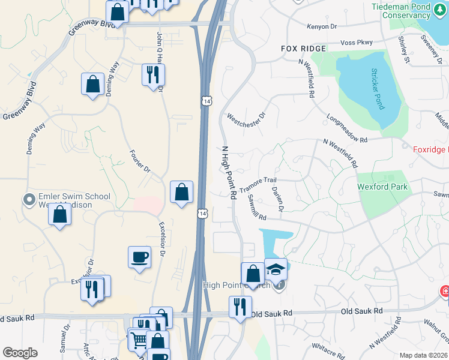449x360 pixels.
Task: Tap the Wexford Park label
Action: pyautogui.click(x=382, y=187)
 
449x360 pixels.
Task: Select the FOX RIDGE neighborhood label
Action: pyautogui.click(x=304, y=48)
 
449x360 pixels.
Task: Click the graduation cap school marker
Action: pyautogui.click(x=276, y=270)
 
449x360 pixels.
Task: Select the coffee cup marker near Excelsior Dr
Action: pyautogui.click(x=140, y=257)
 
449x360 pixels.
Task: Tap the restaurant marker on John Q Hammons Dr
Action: pyautogui.click(x=153, y=74)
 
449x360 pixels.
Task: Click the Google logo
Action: pyautogui.click(x=20, y=353)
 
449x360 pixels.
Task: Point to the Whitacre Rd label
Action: pyautogui.click(x=327, y=347)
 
